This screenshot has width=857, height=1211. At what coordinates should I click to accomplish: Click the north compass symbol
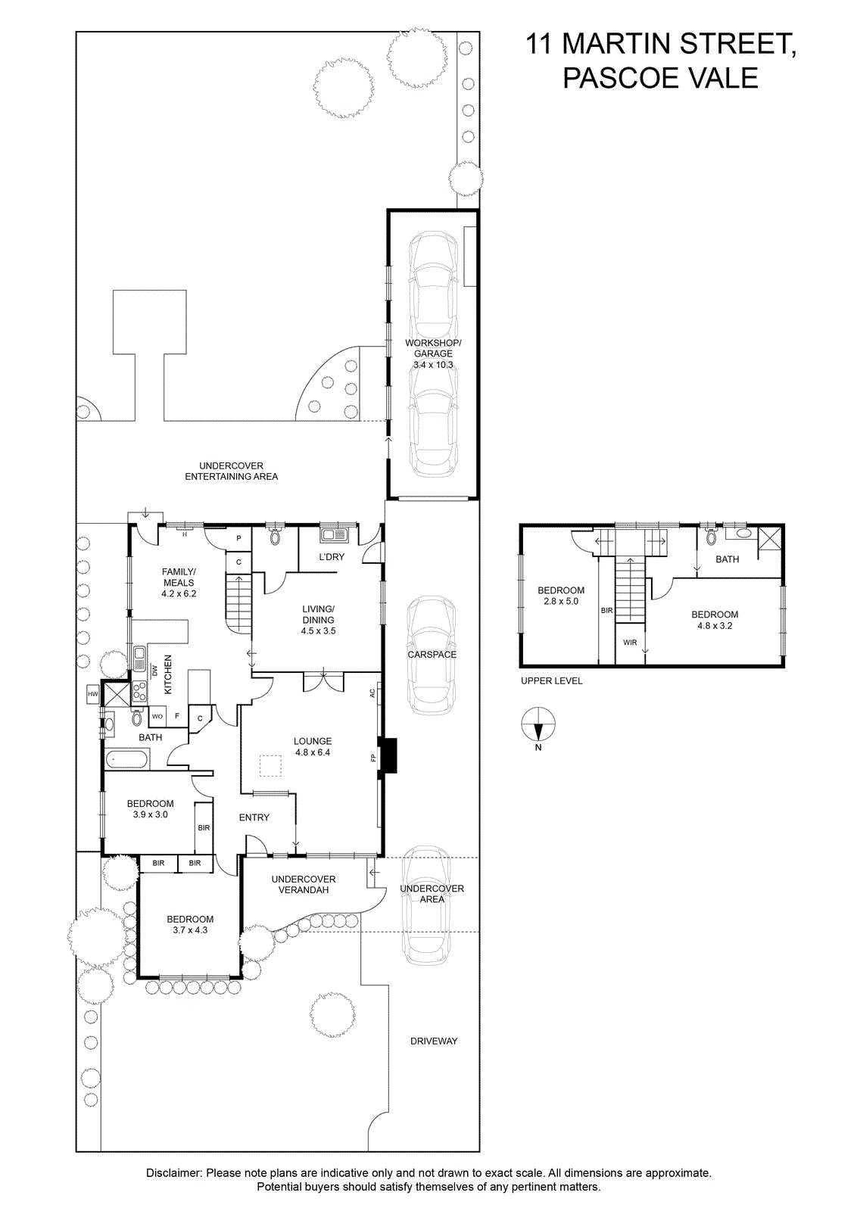click(538, 724)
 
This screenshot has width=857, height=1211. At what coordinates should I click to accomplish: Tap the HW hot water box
click(93, 694)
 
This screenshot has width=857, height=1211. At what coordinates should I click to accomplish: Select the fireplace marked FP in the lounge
click(388, 756)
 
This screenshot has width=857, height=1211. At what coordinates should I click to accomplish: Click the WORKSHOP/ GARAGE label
click(433, 348)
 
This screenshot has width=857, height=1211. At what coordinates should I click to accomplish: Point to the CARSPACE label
click(432, 655)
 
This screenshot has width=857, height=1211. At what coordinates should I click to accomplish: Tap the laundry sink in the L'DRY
click(334, 535)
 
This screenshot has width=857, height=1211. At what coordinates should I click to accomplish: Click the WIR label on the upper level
click(630, 643)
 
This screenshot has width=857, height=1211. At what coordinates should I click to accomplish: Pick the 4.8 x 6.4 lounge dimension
click(313, 752)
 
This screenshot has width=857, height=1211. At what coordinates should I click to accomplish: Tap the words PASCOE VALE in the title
click(660, 78)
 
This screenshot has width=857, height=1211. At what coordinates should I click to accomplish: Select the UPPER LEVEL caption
click(551, 680)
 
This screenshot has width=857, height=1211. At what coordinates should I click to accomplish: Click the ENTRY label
click(254, 817)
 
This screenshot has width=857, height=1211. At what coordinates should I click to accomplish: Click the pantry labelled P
click(239, 538)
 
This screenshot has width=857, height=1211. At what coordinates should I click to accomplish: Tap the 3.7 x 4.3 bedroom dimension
click(190, 930)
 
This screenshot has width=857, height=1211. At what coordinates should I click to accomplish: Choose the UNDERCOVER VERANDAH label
click(304, 885)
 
